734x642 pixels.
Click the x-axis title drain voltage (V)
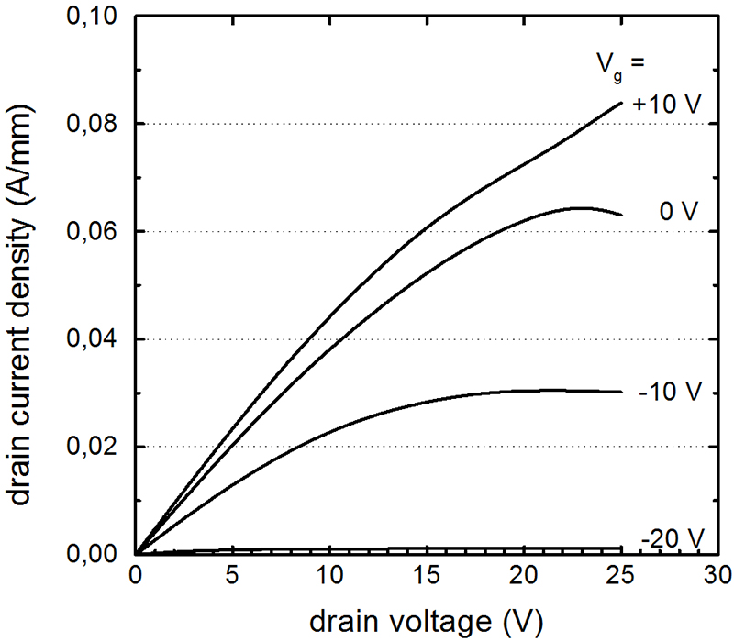point(426,621)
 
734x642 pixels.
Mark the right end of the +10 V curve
point(621,103)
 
